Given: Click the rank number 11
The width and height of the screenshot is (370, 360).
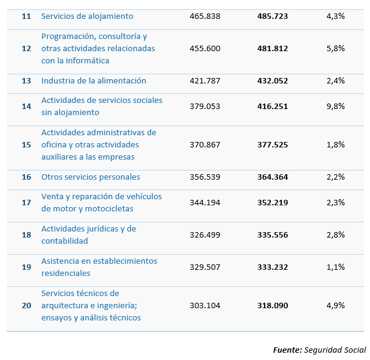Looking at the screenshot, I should [x=26, y=16].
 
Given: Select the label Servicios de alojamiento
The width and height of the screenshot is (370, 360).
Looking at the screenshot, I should [x=87, y=16].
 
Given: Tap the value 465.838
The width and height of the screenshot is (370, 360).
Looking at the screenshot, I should [x=205, y=16].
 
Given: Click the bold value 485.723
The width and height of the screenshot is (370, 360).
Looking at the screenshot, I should [x=273, y=16].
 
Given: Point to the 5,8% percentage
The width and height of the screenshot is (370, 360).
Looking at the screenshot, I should [x=335, y=49].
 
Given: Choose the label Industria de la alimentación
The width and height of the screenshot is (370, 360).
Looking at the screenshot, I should [x=94, y=80].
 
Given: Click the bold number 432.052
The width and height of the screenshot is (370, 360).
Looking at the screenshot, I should [x=273, y=80].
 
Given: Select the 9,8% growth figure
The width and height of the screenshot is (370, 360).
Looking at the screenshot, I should [x=335, y=106].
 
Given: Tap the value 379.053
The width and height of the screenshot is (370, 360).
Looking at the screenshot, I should [x=205, y=106].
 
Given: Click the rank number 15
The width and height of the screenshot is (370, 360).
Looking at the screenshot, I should [x=26, y=145].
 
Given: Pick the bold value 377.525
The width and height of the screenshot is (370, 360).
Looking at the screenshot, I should [x=273, y=145].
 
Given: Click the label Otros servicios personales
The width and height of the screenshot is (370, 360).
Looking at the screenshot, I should [x=91, y=177].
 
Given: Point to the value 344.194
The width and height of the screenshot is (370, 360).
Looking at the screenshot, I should [x=205, y=203].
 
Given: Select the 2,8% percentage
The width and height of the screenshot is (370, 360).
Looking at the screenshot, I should [x=335, y=235].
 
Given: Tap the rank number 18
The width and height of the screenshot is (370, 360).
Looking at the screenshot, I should [x=26, y=235].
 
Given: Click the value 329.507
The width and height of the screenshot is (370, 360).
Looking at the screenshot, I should [x=205, y=267].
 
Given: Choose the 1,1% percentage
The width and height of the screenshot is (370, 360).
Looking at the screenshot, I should [x=335, y=267].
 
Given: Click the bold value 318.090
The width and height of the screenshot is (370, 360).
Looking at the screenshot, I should [x=273, y=306].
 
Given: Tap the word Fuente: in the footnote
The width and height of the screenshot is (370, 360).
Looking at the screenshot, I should [x=287, y=350].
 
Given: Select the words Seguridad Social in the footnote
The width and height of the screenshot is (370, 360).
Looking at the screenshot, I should [x=335, y=350].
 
